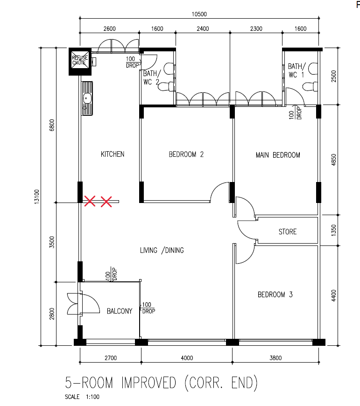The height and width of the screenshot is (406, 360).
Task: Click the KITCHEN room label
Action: [x=113, y=154]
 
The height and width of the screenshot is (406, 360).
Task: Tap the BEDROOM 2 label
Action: [x=186, y=154]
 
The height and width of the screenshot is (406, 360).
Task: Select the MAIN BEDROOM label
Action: [x=278, y=155]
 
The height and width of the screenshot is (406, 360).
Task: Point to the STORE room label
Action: [x=288, y=232]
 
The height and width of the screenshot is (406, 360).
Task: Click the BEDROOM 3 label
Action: [x=275, y=294]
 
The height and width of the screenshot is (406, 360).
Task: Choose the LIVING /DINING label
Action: [x=162, y=251]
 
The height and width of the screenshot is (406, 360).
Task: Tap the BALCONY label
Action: [x=120, y=311]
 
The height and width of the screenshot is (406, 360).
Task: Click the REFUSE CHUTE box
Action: [x=80, y=62]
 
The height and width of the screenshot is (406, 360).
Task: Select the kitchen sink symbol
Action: [x=87, y=98]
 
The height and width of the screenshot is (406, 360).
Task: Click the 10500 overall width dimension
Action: [x=199, y=14]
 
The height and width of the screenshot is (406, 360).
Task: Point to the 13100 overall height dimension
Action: [x=37, y=197]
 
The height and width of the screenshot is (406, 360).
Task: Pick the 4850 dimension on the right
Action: [x=333, y=160]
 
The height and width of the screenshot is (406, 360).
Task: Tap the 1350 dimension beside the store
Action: [x=333, y=230]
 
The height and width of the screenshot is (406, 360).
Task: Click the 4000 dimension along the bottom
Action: [x=187, y=358]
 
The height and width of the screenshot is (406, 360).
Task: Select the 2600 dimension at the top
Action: [x=110, y=29]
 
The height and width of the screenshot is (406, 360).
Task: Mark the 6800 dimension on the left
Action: [x=52, y=125]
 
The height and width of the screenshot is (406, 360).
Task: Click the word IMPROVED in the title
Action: [x=148, y=383]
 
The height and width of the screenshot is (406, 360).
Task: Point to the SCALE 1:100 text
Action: [x=82, y=397]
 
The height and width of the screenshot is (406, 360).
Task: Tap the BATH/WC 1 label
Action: [x=296, y=70]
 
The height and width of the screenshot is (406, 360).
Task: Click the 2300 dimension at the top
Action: [x=256, y=29]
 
